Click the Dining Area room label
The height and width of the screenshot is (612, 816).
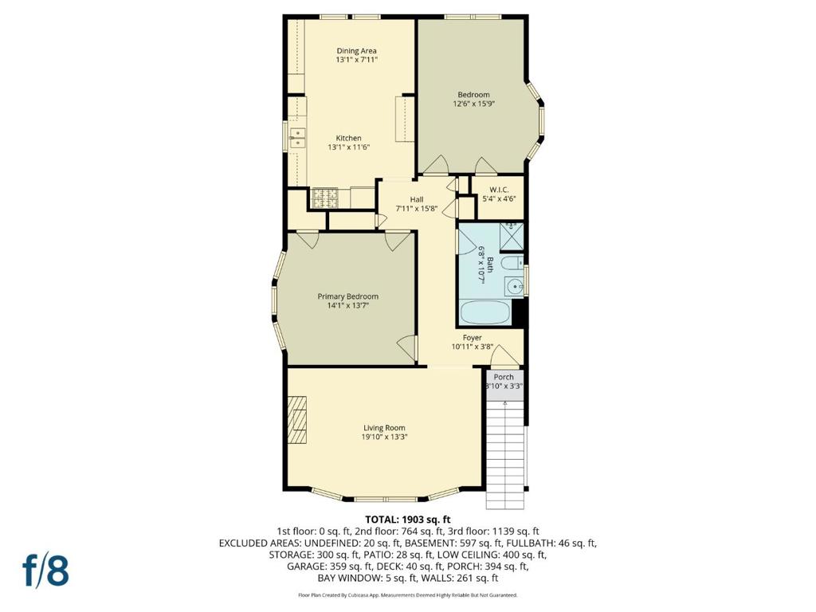coord(356,50)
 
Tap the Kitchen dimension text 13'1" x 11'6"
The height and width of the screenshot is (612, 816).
coord(349,147)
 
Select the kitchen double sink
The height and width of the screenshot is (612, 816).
coord(298,138)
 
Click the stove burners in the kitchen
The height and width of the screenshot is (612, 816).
coord(324,198)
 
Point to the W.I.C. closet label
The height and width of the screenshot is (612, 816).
coord(499,190)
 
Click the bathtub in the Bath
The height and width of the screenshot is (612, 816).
coord(484,312)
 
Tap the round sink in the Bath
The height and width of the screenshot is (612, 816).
coord(514,287)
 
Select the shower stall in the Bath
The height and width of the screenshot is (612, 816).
coord(511,236)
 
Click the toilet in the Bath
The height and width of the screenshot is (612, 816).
coord(512,262)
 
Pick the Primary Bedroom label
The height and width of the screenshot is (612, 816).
coord(348,296)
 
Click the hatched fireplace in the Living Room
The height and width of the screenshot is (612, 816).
coord(298,420)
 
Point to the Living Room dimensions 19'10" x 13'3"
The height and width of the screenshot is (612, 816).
coord(385,437)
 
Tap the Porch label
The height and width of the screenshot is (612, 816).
coord(504,377)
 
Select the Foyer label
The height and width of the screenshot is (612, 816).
coord(472,338)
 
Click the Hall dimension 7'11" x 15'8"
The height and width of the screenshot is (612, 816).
coord(416,209)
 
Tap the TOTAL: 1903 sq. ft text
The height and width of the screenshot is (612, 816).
coord(407,520)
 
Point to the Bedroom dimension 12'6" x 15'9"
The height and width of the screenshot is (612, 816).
coord(473,104)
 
